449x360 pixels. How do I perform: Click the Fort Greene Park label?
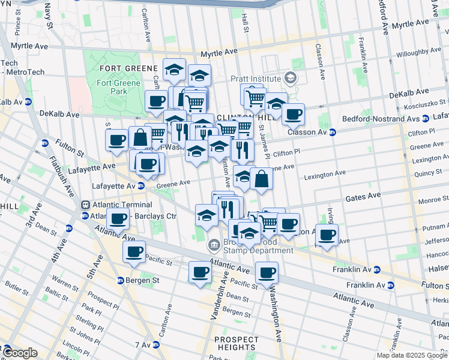(x=119, y=87)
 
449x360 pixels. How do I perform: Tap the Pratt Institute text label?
(x=256, y=79)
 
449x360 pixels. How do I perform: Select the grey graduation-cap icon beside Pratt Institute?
(x=291, y=78)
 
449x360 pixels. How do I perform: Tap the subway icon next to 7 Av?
(x=156, y=344)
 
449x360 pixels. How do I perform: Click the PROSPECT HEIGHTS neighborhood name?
(x=237, y=343)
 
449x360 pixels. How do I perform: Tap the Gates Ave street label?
(x=363, y=196)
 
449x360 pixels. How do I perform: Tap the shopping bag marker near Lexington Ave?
(x=262, y=179)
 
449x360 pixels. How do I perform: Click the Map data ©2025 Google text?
(x=412, y=355)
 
